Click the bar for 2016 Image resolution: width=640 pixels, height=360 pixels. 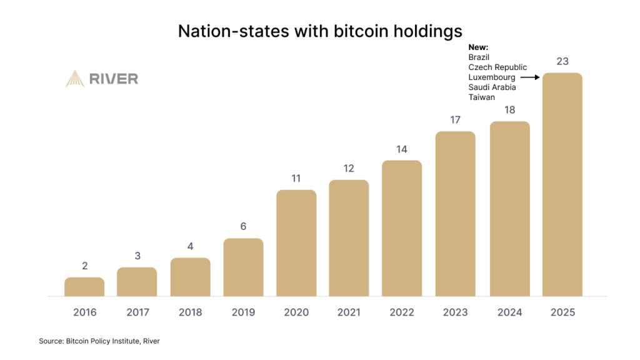tap(84, 287)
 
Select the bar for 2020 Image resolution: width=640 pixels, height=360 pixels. tap(296, 243)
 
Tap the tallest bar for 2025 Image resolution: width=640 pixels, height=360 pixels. tap(562, 184)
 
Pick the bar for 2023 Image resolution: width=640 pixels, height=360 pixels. tap(456, 214)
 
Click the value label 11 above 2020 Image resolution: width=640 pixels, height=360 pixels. tap(296, 178)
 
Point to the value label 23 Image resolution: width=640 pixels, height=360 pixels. tap(562, 61)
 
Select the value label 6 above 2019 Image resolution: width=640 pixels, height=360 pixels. tap(243, 226)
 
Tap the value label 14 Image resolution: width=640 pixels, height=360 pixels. tap(402, 149)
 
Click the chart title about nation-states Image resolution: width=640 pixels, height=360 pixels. tap(320, 31)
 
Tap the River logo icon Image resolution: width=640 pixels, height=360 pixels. tap(75, 79)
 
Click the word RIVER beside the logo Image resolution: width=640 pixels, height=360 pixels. tap(114, 79)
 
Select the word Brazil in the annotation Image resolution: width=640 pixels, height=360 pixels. tap(479, 57)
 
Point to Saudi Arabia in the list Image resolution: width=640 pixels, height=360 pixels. tap(492, 87)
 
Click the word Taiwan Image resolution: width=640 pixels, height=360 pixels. tap(481, 97)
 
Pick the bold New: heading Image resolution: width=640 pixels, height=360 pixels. tap(478, 47)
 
